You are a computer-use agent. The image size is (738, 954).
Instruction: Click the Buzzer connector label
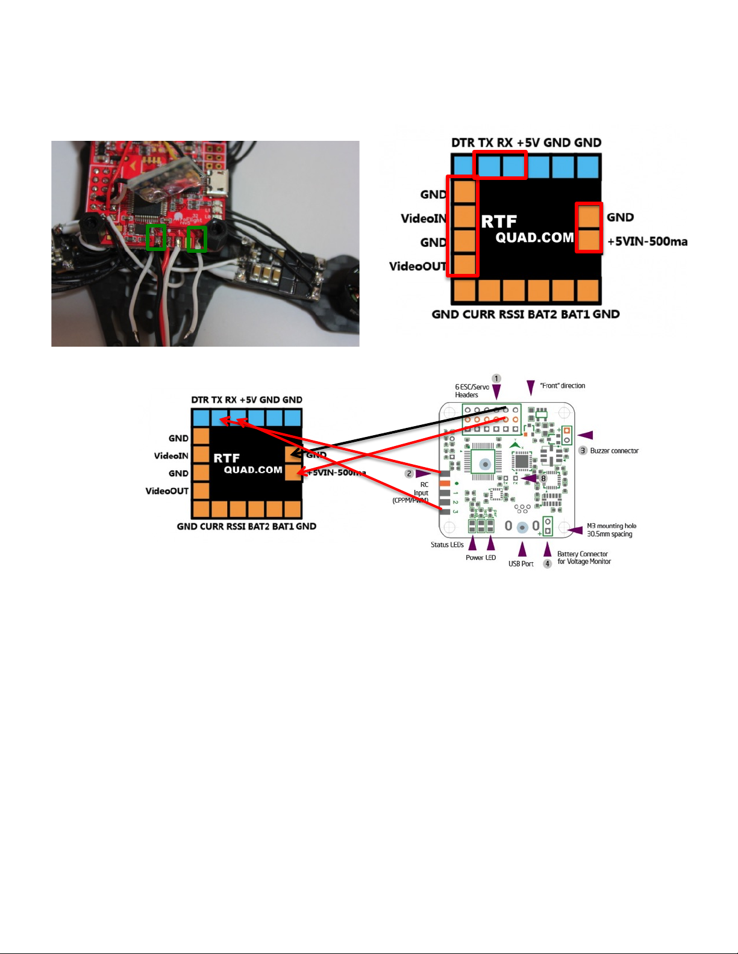tap(614, 451)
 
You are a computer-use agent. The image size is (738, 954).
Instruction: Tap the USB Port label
tap(521, 564)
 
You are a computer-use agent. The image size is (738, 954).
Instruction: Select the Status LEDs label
tap(447, 545)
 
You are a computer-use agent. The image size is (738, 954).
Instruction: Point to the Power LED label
tap(481, 558)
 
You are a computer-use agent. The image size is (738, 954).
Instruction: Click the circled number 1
tap(496, 379)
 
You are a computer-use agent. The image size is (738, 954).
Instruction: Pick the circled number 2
tap(409, 474)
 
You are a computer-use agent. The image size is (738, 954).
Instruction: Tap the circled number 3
tap(583, 451)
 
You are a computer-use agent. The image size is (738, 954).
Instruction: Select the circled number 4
tap(548, 564)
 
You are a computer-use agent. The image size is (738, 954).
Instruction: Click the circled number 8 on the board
tap(543, 479)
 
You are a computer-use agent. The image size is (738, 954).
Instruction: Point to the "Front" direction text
tap(563, 386)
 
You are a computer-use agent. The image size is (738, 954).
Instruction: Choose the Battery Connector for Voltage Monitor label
tap(584, 558)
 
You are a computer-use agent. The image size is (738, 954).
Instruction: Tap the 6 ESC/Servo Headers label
tap(472, 391)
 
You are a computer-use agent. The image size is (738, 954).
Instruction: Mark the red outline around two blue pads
tap(500, 166)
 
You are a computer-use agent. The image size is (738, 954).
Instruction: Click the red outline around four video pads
tap(461, 226)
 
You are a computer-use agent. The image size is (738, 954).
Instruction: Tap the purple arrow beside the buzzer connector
tap(585, 435)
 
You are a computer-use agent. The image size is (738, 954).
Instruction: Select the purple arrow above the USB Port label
tap(522, 549)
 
